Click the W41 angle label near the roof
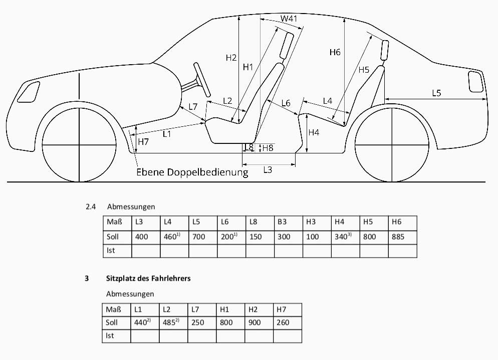point(289,19)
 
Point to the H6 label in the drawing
point(335,52)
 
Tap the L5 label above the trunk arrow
point(436,93)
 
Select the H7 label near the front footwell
point(143,142)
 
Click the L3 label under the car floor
point(268,170)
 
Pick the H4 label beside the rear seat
point(314,133)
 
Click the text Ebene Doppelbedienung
point(192,172)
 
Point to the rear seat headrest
point(385,50)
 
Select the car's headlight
point(31,91)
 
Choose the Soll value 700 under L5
point(199,237)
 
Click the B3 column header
point(283,222)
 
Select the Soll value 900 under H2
point(255,322)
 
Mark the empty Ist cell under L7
point(202,335)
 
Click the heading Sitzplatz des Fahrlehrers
point(148,278)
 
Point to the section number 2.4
point(91,207)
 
